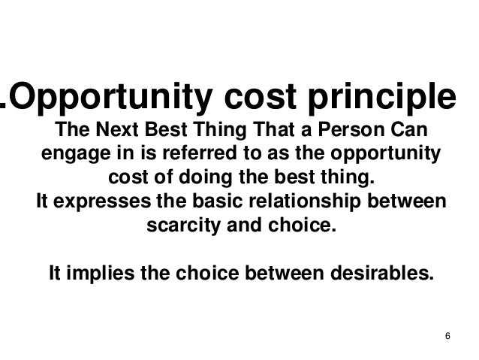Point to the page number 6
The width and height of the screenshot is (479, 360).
[x=447, y=334]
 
